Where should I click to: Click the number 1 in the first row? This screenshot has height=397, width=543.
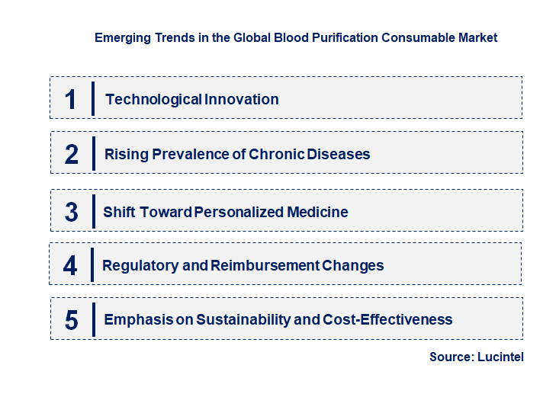click(70, 99)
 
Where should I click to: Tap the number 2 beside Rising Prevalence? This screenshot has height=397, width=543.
click(72, 154)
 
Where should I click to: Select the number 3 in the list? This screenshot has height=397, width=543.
click(71, 212)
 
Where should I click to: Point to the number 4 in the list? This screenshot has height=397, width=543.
click(70, 265)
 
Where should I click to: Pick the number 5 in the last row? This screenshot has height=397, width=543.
click(71, 320)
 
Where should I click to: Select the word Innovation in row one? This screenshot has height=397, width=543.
click(241, 99)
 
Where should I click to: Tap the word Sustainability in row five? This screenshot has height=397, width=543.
click(243, 319)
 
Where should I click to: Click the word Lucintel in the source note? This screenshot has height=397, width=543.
click(501, 357)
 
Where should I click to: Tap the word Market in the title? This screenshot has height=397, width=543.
click(477, 37)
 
